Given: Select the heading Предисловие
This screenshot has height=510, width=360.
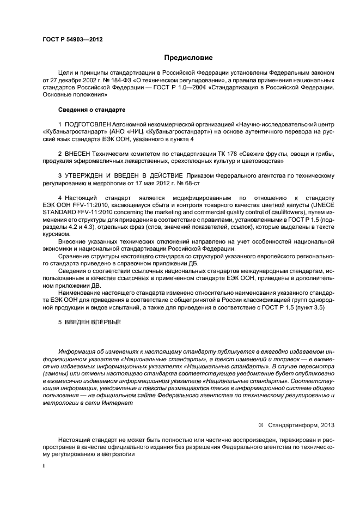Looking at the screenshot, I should [188, 58].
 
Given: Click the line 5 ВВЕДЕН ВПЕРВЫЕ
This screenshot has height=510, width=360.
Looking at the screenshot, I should [89, 321].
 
